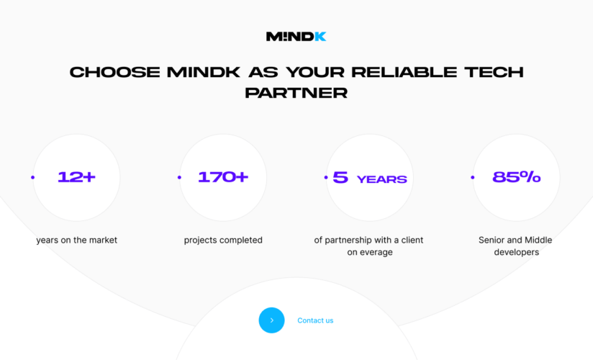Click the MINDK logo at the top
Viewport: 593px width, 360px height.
pos(296,36)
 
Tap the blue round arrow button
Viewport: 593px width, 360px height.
pos(271,320)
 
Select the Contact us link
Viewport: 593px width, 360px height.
pos(315,320)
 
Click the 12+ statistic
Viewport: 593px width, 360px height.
pos(76,177)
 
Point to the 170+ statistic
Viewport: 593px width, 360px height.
pos(223,177)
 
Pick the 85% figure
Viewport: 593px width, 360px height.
pos(516,177)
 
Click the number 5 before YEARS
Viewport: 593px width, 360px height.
pos(340,178)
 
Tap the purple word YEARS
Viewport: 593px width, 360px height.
pos(381,179)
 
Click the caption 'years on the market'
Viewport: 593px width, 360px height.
pos(76,240)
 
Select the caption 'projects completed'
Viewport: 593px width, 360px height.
pos(223,240)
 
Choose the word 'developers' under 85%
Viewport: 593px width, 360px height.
pos(516,253)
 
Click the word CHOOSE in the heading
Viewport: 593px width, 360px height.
pos(114,73)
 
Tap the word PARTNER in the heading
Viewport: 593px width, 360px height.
pos(296,93)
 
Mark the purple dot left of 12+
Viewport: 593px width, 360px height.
pos(32,177)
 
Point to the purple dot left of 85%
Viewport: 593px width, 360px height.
pos(472,177)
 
